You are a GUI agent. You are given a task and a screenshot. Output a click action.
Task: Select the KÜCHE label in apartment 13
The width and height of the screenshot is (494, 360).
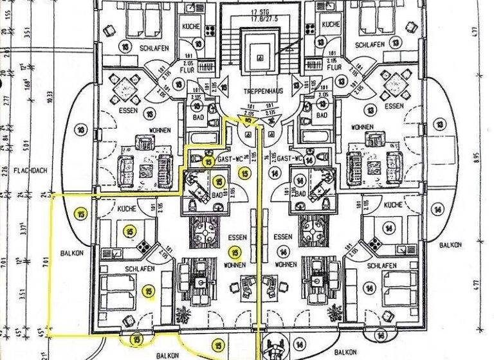[331, 24]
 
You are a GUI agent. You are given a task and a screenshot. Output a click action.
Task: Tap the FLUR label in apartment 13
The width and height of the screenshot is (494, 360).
[333, 67]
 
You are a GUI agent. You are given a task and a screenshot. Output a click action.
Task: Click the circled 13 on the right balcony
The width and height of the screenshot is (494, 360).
[439, 123]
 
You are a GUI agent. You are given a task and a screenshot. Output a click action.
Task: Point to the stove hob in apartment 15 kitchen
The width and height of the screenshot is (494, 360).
[143, 245]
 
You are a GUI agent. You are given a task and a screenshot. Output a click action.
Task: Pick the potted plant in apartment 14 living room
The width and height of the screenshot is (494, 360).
[334, 313]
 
